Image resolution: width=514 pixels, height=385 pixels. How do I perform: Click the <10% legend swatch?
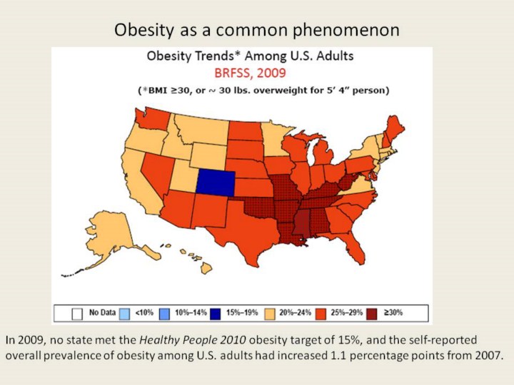pyautogui.click(x=126, y=312)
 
